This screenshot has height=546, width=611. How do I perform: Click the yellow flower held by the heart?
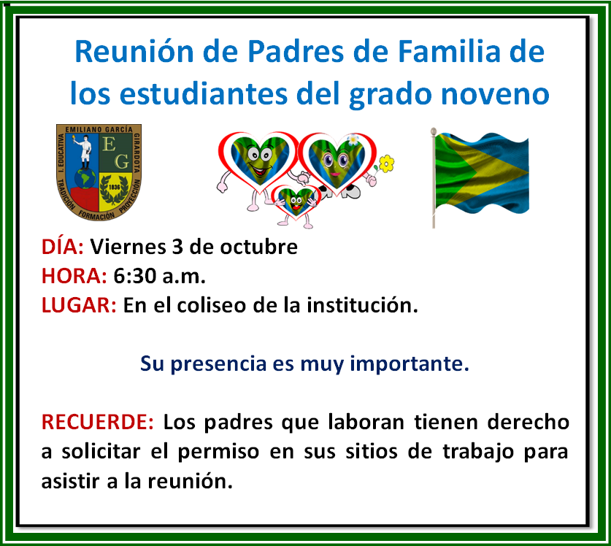click(386, 162)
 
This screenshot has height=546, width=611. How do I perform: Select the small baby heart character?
click(296, 202)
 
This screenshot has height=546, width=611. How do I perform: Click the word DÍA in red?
click(63, 247)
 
